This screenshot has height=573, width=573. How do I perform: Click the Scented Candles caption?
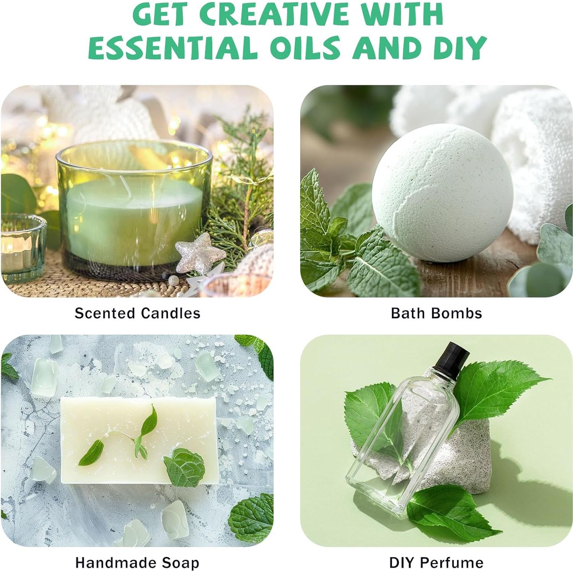tap(137, 313)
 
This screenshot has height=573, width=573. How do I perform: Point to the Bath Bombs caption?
tap(436, 313)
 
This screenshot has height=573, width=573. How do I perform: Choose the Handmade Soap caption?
tap(137, 563)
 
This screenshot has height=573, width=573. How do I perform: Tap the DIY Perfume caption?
tap(436, 563)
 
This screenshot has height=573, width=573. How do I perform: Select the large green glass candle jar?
tap(133, 207)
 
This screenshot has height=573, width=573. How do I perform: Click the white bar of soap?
tap(140, 440)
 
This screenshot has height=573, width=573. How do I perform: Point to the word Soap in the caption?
tap(180, 563)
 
